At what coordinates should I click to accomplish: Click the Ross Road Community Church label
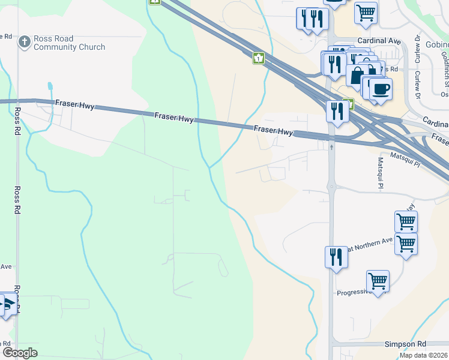click(x=69, y=43)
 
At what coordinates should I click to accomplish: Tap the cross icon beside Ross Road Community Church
click(x=24, y=42)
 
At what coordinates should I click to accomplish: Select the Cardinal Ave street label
click(x=378, y=41)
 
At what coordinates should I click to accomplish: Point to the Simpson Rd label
click(x=405, y=344)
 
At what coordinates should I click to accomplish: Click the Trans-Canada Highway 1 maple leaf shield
click(x=258, y=58)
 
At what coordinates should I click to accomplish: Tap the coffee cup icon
click(x=381, y=89)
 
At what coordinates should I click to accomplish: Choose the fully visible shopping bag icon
click(x=357, y=76)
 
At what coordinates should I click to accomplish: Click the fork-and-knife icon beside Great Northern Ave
click(x=336, y=257)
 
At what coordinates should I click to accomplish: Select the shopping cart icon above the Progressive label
click(x=378, y=280)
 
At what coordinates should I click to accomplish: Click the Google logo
click(x=20, y=353)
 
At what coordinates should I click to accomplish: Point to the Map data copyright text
click(x=424, y=355)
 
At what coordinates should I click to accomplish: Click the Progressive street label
click(x=351, y=292)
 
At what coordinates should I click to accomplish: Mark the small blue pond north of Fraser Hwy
click(x=49, y=88)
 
